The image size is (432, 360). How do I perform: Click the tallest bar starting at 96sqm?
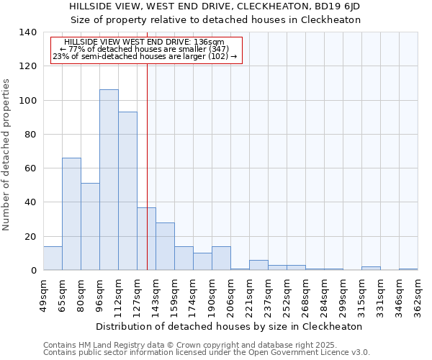109,180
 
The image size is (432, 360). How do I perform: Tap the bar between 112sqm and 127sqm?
127,191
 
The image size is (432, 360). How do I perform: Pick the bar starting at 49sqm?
53,258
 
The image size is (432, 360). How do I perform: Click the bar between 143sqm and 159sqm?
165,246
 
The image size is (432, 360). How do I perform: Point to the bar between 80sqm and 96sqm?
90,227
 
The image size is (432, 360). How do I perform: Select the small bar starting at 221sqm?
258,266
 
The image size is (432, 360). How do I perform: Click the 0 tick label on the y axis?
33,271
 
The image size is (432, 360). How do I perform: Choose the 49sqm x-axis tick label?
43,294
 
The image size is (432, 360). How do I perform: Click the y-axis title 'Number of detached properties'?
6,155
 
